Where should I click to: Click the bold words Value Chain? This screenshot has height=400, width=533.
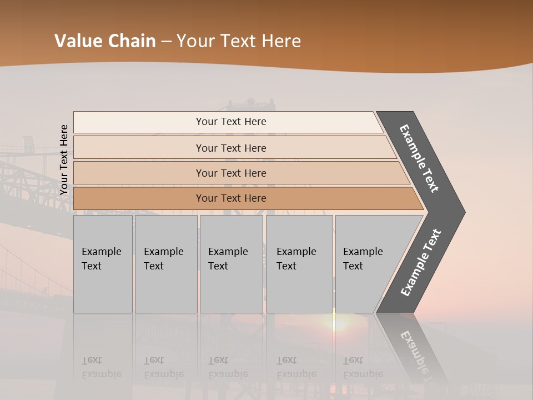[105, 41]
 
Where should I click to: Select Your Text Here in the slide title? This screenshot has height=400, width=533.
[239, 41]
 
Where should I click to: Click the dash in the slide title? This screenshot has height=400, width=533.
[166, 42]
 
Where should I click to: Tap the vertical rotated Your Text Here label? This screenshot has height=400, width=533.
[64, 160]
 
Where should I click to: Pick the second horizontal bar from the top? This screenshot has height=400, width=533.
[231, 148]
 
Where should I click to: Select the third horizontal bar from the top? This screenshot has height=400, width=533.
[231, 173]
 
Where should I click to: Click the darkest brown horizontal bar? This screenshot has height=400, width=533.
[231, 198]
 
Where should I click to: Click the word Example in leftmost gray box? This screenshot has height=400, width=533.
[101, 252]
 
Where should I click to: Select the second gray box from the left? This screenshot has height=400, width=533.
[166, 264]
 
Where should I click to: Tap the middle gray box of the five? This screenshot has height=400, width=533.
[231, 264]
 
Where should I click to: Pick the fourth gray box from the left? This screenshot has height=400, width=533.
[299, 264]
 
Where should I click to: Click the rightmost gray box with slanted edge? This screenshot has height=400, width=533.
[369, 264]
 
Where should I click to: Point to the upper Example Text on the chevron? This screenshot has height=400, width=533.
[419, 158]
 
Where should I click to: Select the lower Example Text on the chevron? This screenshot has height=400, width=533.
[421, 262]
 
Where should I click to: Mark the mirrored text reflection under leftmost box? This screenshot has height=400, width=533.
[101, 367]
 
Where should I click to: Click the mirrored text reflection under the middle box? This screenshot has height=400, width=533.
[228, 367]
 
